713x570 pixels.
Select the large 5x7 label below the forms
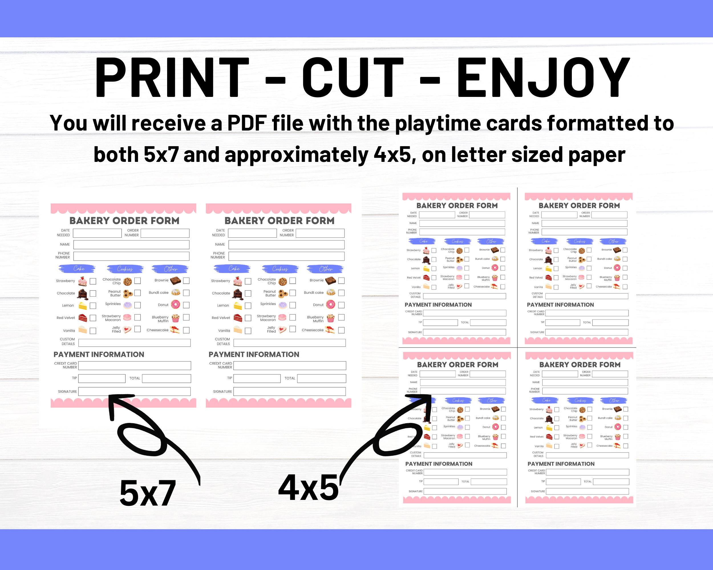(147, 493)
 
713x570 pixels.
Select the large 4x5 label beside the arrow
(308, 488)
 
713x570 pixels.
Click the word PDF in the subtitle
(247, 123)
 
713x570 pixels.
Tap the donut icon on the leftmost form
(175, 304)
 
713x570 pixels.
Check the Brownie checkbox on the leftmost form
(186, 280)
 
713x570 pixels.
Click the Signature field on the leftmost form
(134, 392)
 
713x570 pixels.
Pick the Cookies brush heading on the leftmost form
(125, 269)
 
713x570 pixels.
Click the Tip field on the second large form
(257, 378)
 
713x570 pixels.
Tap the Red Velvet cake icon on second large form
(238, 318)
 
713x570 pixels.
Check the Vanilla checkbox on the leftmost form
(93, 331)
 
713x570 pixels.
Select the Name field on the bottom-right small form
(585, 382)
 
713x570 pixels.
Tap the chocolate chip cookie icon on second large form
(282, 282)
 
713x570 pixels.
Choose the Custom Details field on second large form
(289, 343)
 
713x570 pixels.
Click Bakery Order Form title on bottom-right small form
(580, 365)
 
